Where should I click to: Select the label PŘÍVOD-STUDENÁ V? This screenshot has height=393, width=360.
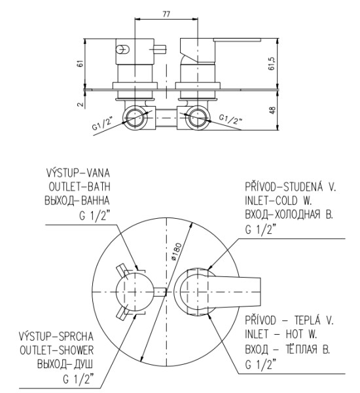coord(290,186)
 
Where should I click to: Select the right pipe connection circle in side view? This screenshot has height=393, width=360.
coord(196,119)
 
